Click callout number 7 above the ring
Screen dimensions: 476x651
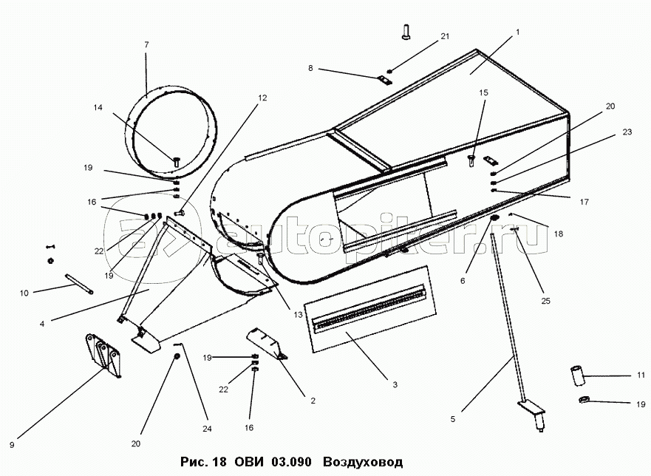pyautogui.click(x=146, y=45)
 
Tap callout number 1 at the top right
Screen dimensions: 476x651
pyautogui.click(x=518, y=32)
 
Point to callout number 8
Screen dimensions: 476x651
pyautogui.click(x=311, y=68)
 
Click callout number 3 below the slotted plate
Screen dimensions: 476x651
pyautogui.click(x=395, y=384)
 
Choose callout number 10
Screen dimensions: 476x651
pyautogui.click(x=23, y=293)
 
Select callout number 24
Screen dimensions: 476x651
pyautogui.click(x=207, y=429)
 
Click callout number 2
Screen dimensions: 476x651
pyautogui.click(x=313, y=401)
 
